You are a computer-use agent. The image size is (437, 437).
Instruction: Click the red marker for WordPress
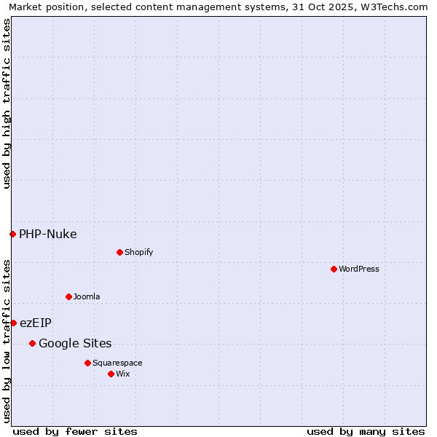tap(334, 269)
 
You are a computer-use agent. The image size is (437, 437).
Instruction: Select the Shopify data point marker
tap(119, 252)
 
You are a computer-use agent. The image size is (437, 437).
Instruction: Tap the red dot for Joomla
tap(68, 296)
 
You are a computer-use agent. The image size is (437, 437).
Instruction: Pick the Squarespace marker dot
tap(87, 363)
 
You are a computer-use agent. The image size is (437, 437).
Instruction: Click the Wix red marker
tap(111, 374)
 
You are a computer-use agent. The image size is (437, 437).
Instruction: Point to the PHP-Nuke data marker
tap(12, 234)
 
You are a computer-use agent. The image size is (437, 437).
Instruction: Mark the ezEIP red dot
tap(13, 323)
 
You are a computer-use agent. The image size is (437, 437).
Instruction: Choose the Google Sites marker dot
tap(32, 343)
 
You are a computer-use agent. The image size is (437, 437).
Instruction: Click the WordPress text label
tap(359, 269)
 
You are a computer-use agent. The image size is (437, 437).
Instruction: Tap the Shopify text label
tap(138, 252)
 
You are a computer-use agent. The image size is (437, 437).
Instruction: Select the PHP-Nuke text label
tap(47, 234)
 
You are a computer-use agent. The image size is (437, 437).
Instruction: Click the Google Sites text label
tap(75, 343)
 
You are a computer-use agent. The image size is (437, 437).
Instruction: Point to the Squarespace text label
tap(117, 363)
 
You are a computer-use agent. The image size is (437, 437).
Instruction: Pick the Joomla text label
tap(87, 296)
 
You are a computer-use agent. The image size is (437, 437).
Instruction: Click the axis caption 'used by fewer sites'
tap(75, 431)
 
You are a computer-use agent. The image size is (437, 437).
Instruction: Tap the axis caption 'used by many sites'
tap(366, 431)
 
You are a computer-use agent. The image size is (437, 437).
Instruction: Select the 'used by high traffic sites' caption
tap(7, 103)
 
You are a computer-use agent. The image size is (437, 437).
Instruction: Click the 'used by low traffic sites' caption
tap(7, 341)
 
